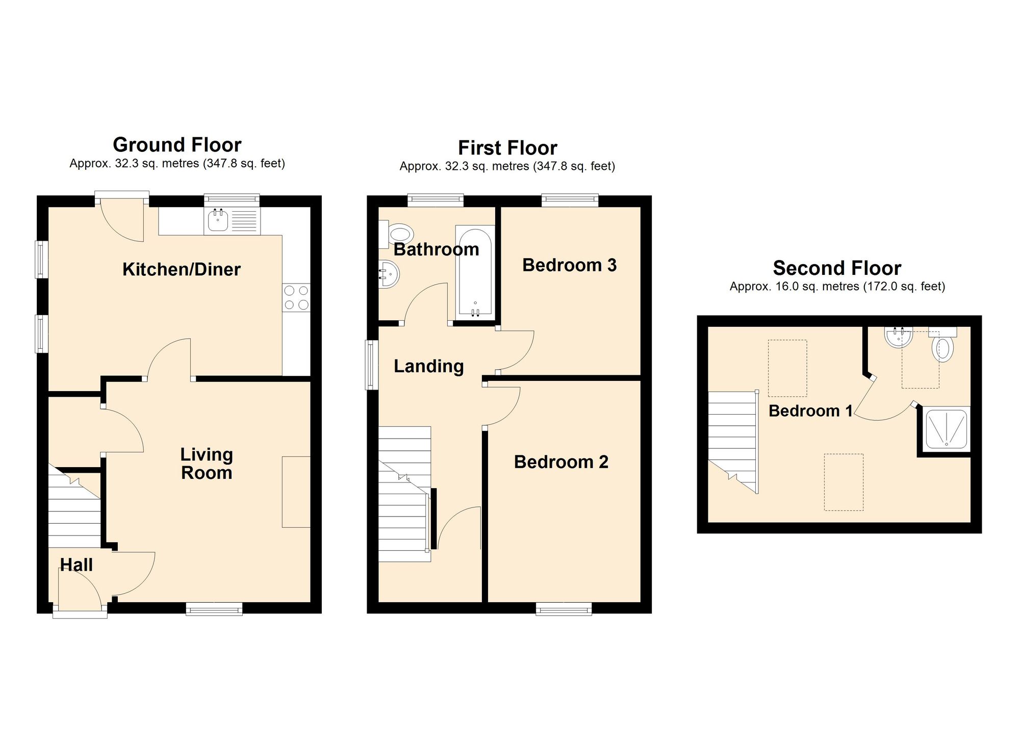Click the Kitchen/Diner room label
182,269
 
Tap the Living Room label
207,464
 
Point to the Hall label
76,565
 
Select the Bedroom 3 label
570,265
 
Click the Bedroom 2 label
561,462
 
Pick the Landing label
429,367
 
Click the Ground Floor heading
177,145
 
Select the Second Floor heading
837,268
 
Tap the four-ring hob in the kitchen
296,297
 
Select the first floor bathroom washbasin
389,274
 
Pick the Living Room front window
214,609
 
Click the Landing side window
371,365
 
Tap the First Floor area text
507,166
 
